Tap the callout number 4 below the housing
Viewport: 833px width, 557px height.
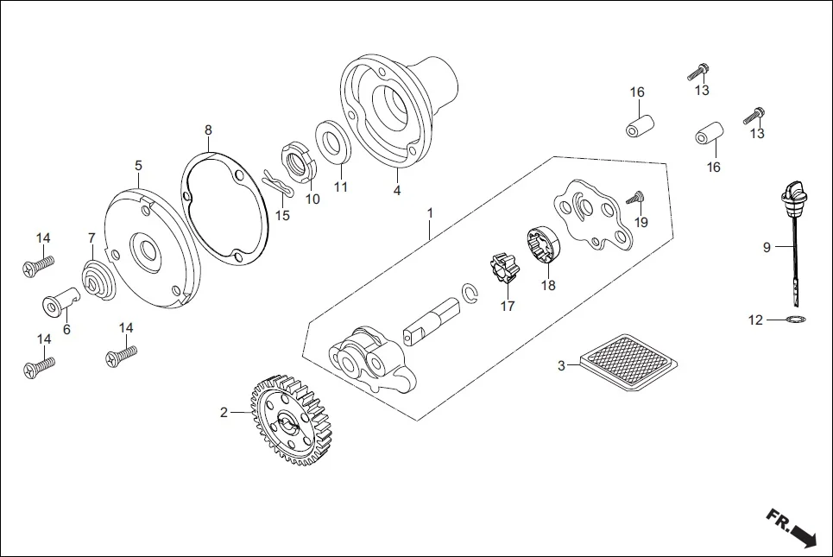(x=396, y=191)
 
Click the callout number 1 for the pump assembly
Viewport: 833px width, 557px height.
(x=429, y=212)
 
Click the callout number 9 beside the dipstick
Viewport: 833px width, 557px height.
(x=766, y=248)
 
